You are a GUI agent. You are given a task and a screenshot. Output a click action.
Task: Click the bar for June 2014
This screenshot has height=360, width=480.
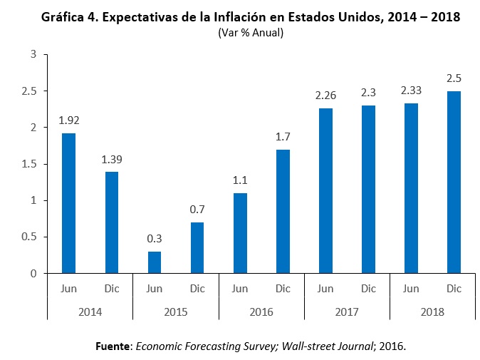point(68,203)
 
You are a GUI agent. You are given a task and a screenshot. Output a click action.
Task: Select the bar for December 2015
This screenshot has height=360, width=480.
point(197,247)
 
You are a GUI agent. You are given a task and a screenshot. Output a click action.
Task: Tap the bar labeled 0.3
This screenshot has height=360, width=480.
point(154,262)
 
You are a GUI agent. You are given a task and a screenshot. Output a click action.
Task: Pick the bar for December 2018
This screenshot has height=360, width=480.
point(454,182)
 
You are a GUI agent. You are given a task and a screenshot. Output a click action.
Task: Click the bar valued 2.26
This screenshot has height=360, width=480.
point(325,191)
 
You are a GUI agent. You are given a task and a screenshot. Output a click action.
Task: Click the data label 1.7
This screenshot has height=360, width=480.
point(283,138)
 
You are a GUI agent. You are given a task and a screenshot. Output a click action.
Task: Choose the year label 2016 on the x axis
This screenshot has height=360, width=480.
point(261,312)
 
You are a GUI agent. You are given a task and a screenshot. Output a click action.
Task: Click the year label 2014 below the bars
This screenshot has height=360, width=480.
point(90,312)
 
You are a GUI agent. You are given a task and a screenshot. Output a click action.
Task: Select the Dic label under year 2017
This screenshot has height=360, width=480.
point(368,289)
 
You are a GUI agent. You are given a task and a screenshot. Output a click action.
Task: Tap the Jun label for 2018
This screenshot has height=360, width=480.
point(411,289)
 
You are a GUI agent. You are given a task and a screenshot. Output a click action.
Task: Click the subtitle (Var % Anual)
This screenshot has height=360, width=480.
point(250,32)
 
